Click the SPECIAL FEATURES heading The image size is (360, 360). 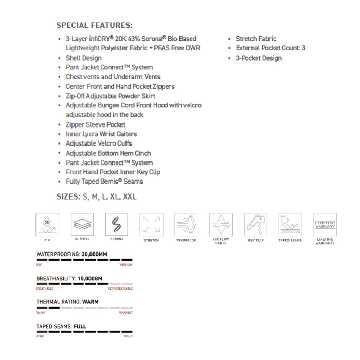pos(94,25)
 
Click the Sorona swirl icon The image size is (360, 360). pos(116,224)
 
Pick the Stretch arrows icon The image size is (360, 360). pos(151,224)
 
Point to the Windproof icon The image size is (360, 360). pos(186,224)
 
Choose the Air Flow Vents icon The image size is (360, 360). pos(221,224)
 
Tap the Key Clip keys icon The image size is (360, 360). pos(256,224)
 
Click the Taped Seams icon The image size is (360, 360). pos(290,224)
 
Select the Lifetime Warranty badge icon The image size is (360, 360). pos(325,224)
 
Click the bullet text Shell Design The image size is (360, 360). pos(83,58)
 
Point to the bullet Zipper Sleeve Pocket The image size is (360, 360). pos(96,124)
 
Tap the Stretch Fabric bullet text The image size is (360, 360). pos(256,39)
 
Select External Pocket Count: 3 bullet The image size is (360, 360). pos(271,48)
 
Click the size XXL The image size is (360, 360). pos(130,197)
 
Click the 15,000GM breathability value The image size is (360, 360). pos(90,278)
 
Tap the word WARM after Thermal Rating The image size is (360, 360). pos(88,302)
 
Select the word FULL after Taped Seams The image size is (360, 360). pos(80,326)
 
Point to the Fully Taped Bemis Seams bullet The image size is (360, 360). pos(104,182)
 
